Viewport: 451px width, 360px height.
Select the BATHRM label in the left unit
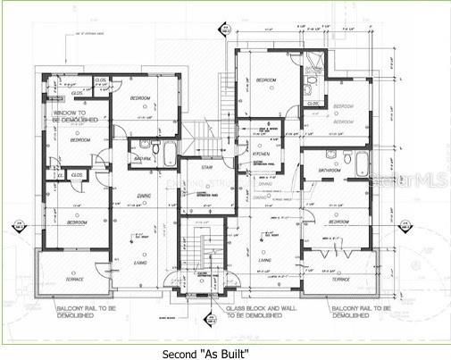pyautogui.click(x=142, y=158)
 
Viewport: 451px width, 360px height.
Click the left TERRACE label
pyautogui.click(x=73, y=279)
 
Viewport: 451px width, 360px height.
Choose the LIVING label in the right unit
pyautogui.click(x=265, y=261)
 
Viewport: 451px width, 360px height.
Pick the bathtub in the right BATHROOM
pyautogui.click(x=362, y=164)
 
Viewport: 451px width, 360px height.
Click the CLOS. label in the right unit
pyautogui.click(x=314, y=103)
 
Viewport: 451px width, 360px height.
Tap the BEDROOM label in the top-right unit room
pyautogui.click(x=344, y=106)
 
